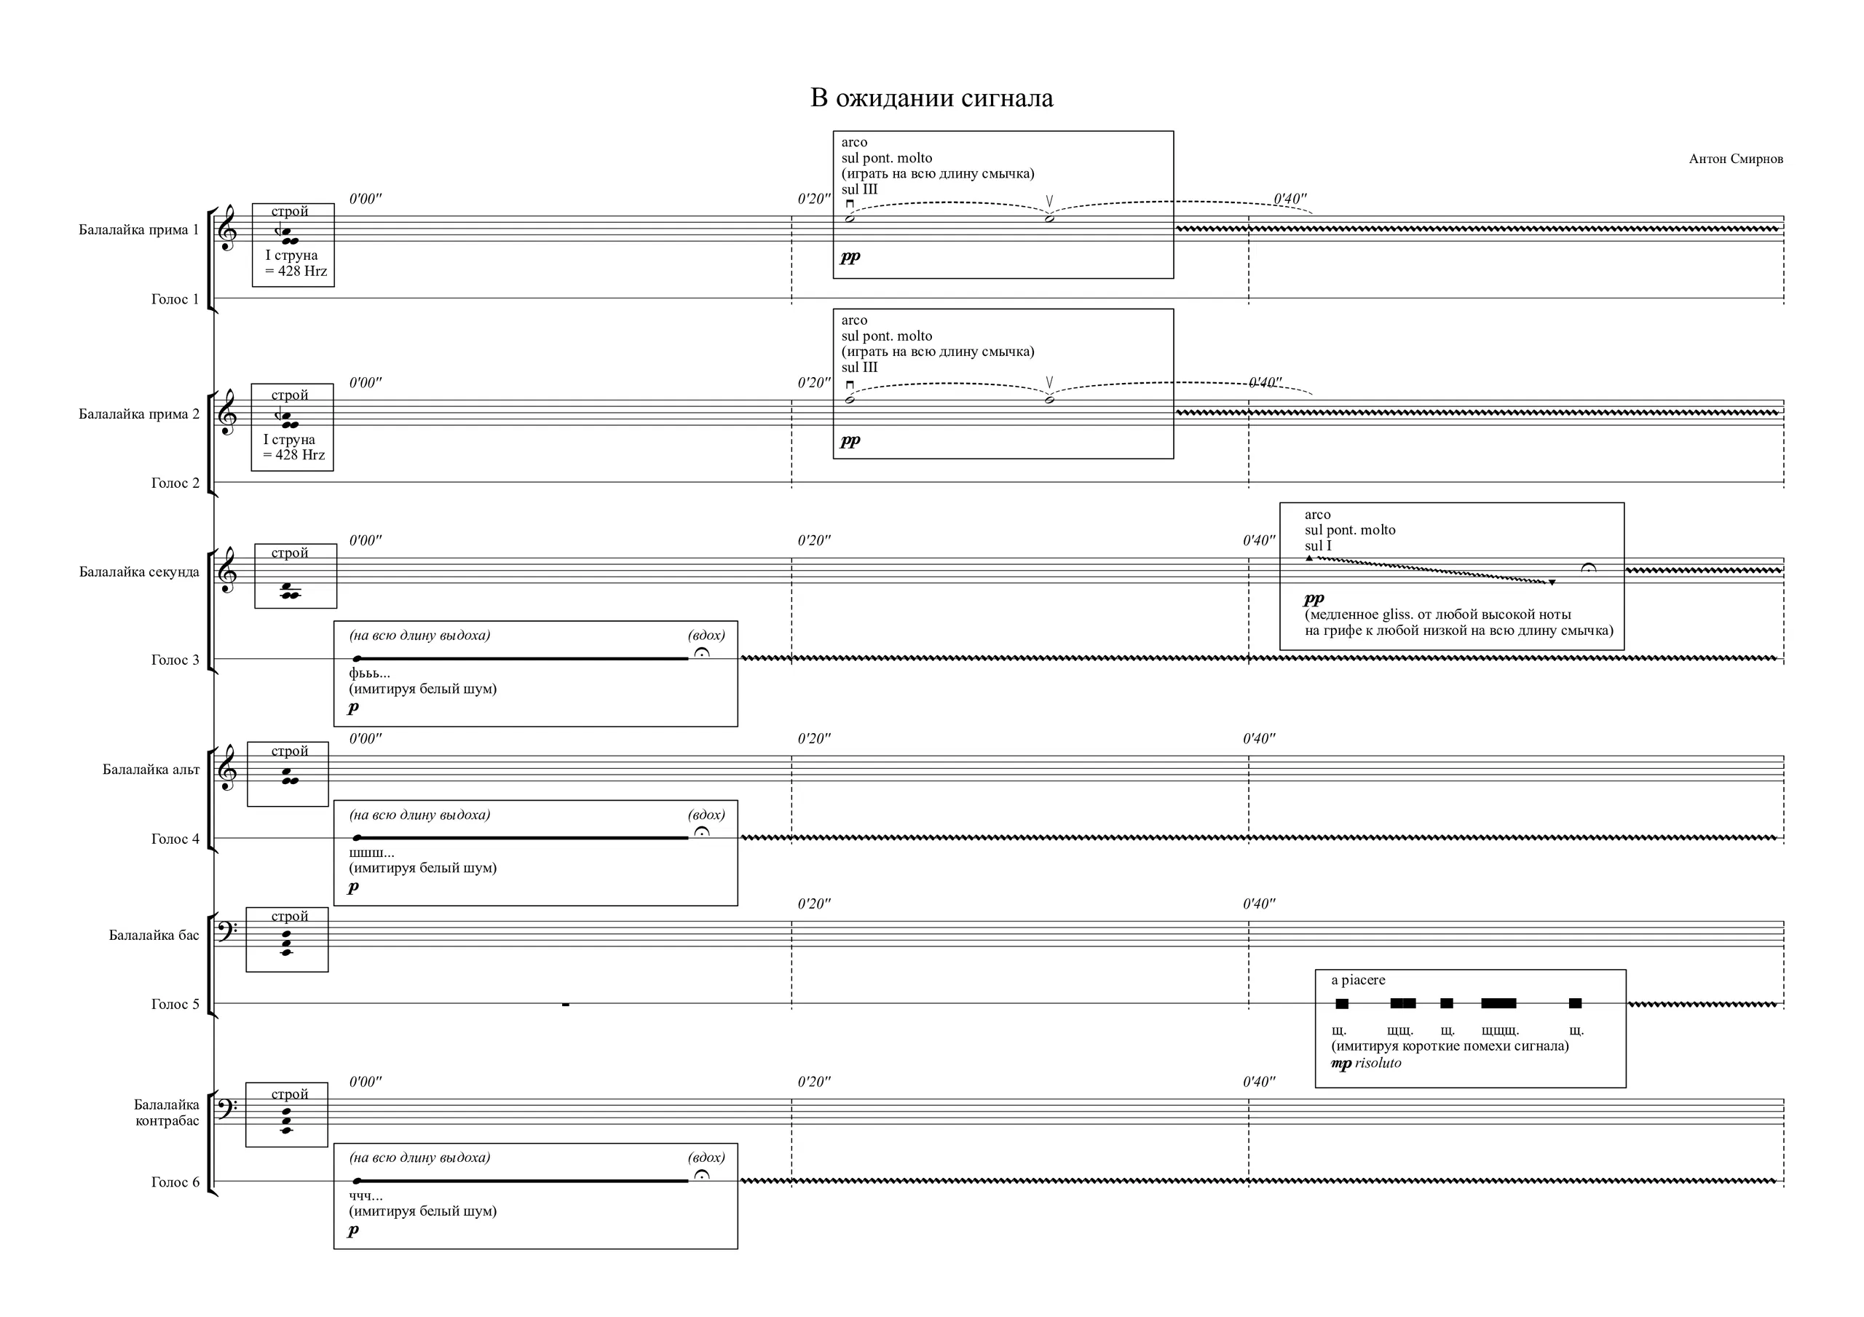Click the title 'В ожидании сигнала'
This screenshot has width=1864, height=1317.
(931, 98)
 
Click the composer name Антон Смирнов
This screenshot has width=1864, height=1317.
(1736, 159)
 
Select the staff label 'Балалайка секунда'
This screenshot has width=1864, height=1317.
(139, 572)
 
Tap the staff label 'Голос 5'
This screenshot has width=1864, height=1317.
(175, 1005)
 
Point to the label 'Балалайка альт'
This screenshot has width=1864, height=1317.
(151, 770)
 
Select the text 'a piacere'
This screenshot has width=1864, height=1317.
(1358, 980)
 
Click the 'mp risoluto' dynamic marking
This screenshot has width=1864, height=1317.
(1367, 1063)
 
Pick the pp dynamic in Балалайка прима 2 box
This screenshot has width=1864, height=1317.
(850, 441)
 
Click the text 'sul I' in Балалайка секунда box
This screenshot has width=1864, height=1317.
(1318, 545)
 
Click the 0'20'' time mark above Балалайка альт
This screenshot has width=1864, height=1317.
(813, 739)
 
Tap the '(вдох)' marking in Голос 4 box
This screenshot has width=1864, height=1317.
(706, 815)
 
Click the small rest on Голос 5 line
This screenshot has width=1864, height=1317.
(566, 1005)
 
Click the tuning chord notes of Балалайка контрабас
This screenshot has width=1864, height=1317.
(287, 1120)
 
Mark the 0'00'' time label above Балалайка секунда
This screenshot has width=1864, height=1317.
(366, 541)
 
